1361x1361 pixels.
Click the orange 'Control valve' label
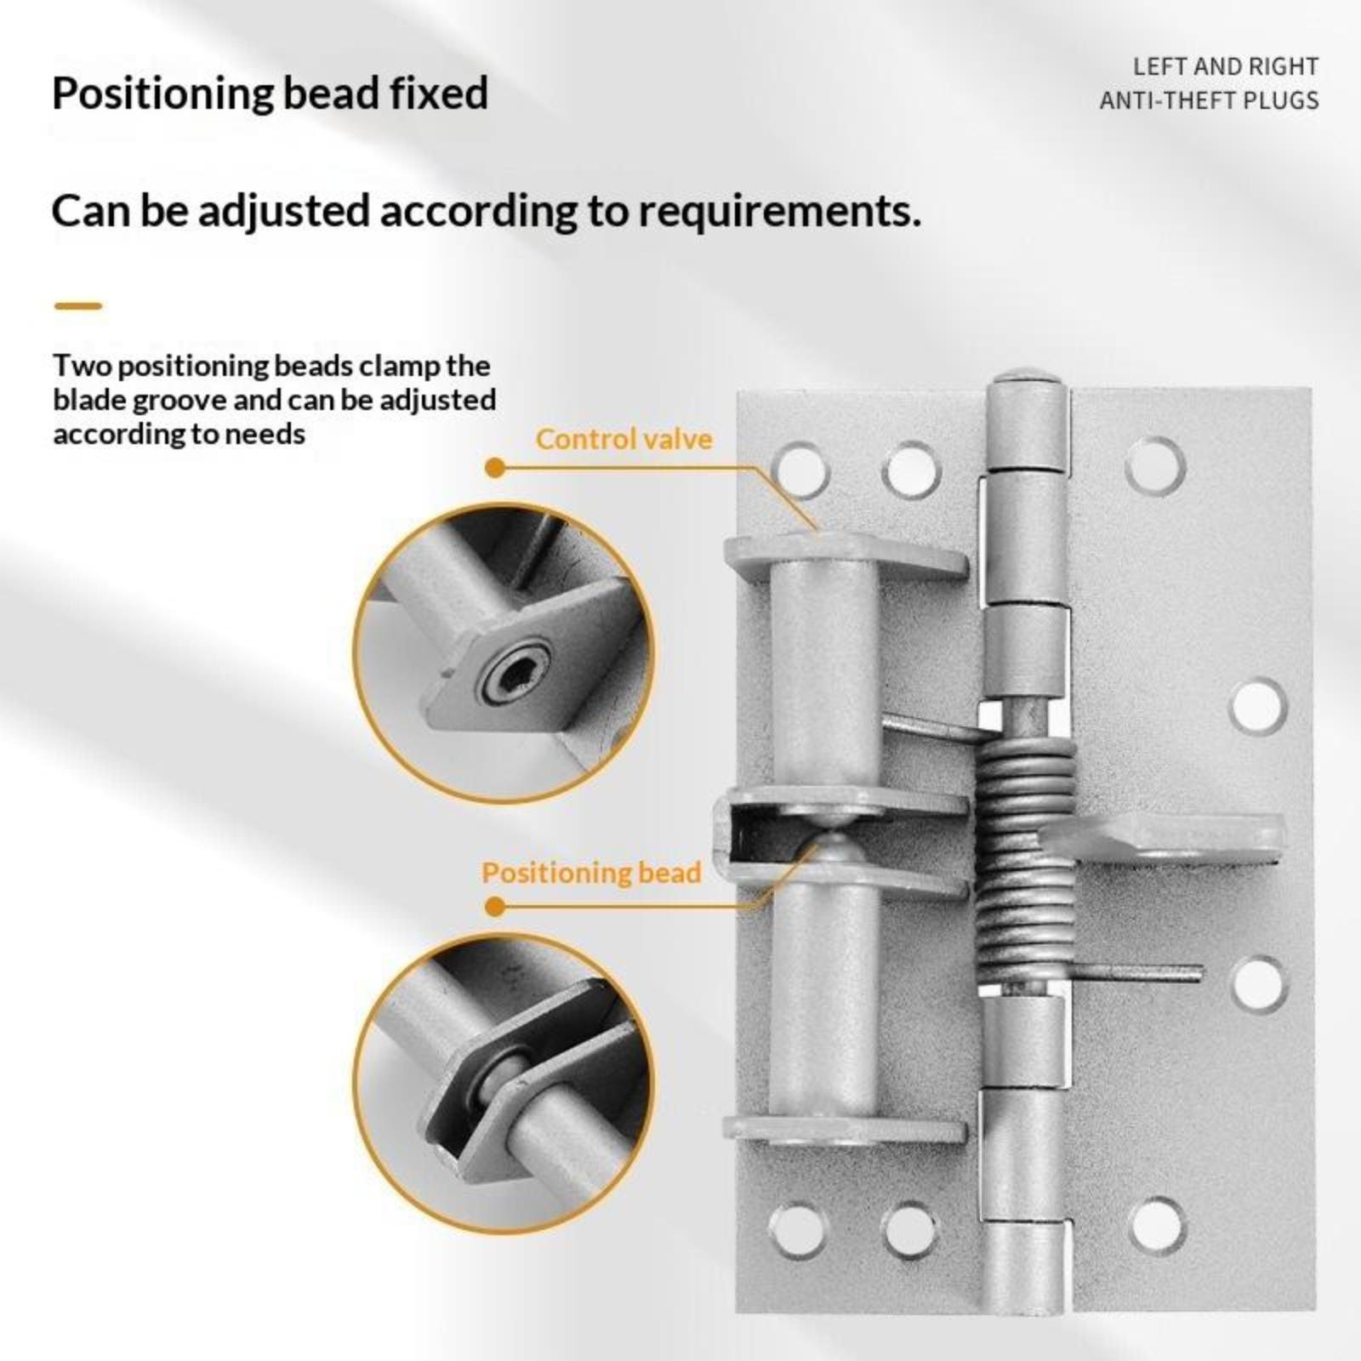click(624, 439)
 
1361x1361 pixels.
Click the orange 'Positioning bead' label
click(591, 873)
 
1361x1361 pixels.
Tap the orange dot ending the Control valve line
click(494, 468)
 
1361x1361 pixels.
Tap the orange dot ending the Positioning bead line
click(494, 907)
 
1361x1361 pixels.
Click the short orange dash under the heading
click(77, 306)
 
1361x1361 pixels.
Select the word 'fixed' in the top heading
click(439, 93)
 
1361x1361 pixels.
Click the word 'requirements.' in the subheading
click(780, 212)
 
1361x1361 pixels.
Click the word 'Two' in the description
click(83, 366)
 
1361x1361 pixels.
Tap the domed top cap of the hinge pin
click(1027, 375)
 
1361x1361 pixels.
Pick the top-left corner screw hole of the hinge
click(800, 469)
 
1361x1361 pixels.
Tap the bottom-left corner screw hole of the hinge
click(798, 1230)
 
